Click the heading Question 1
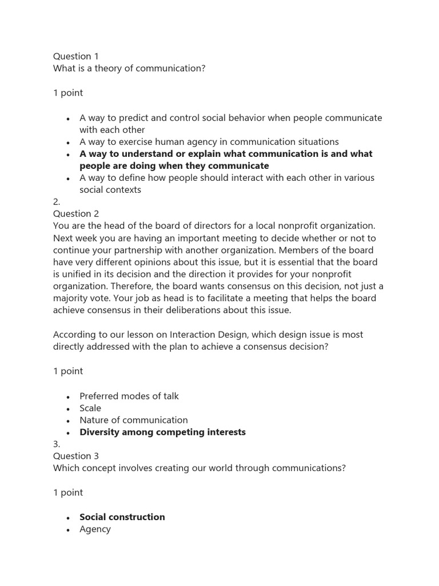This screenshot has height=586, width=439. coord(76,56)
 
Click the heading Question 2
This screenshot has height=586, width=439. coord(76,213)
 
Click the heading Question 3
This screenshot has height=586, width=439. coord(76,456)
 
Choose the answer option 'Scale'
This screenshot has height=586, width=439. coord(90,408)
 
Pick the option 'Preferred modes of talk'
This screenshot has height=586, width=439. coord(129,396)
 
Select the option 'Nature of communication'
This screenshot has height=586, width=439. coord(134,420)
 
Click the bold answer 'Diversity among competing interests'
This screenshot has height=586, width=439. coord(162,432)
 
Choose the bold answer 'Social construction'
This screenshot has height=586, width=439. coord(122,517)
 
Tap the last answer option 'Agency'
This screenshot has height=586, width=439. coord(95,529)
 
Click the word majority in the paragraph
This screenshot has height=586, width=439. coord(71,298)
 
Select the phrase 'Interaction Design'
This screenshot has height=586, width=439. coord(196,335)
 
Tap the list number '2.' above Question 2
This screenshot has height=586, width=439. coord(57,201)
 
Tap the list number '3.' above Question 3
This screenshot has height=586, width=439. coord(57,444)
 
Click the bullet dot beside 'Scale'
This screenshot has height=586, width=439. coord(68,409)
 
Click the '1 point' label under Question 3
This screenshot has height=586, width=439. coord(68,492)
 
